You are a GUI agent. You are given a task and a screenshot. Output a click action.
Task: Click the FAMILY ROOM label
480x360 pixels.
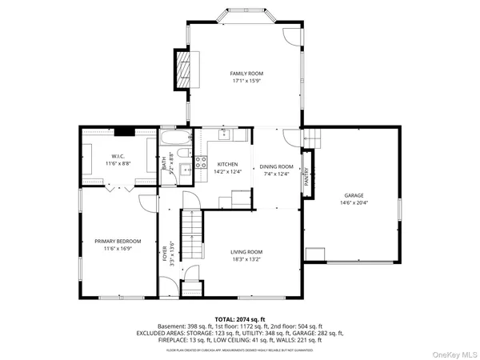(246, 74)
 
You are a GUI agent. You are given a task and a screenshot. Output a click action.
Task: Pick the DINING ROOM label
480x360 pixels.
(277, 166)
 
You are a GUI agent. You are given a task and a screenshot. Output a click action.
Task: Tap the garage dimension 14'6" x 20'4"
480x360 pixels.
(354, 202)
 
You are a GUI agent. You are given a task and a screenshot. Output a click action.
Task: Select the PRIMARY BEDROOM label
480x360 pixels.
(118, 242)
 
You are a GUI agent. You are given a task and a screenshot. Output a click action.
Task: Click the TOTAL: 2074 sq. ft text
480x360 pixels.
(239, 318)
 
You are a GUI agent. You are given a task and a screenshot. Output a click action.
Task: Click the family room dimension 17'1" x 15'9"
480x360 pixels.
(246, 82)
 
